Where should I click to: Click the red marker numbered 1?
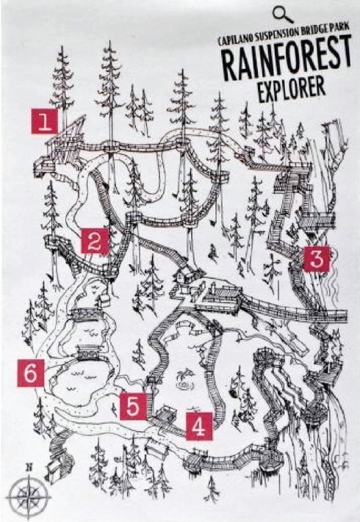click(45, 121)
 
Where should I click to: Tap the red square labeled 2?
click(96, 241)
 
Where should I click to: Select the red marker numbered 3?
click(316, 258)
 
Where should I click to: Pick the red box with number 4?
click(199, 426)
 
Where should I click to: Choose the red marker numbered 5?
click(133, 406)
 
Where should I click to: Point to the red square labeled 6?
click(31, 373)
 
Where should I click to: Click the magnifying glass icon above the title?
click(283, 15)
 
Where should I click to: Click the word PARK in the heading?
click(339, 28)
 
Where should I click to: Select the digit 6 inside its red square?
click(31, 373)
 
